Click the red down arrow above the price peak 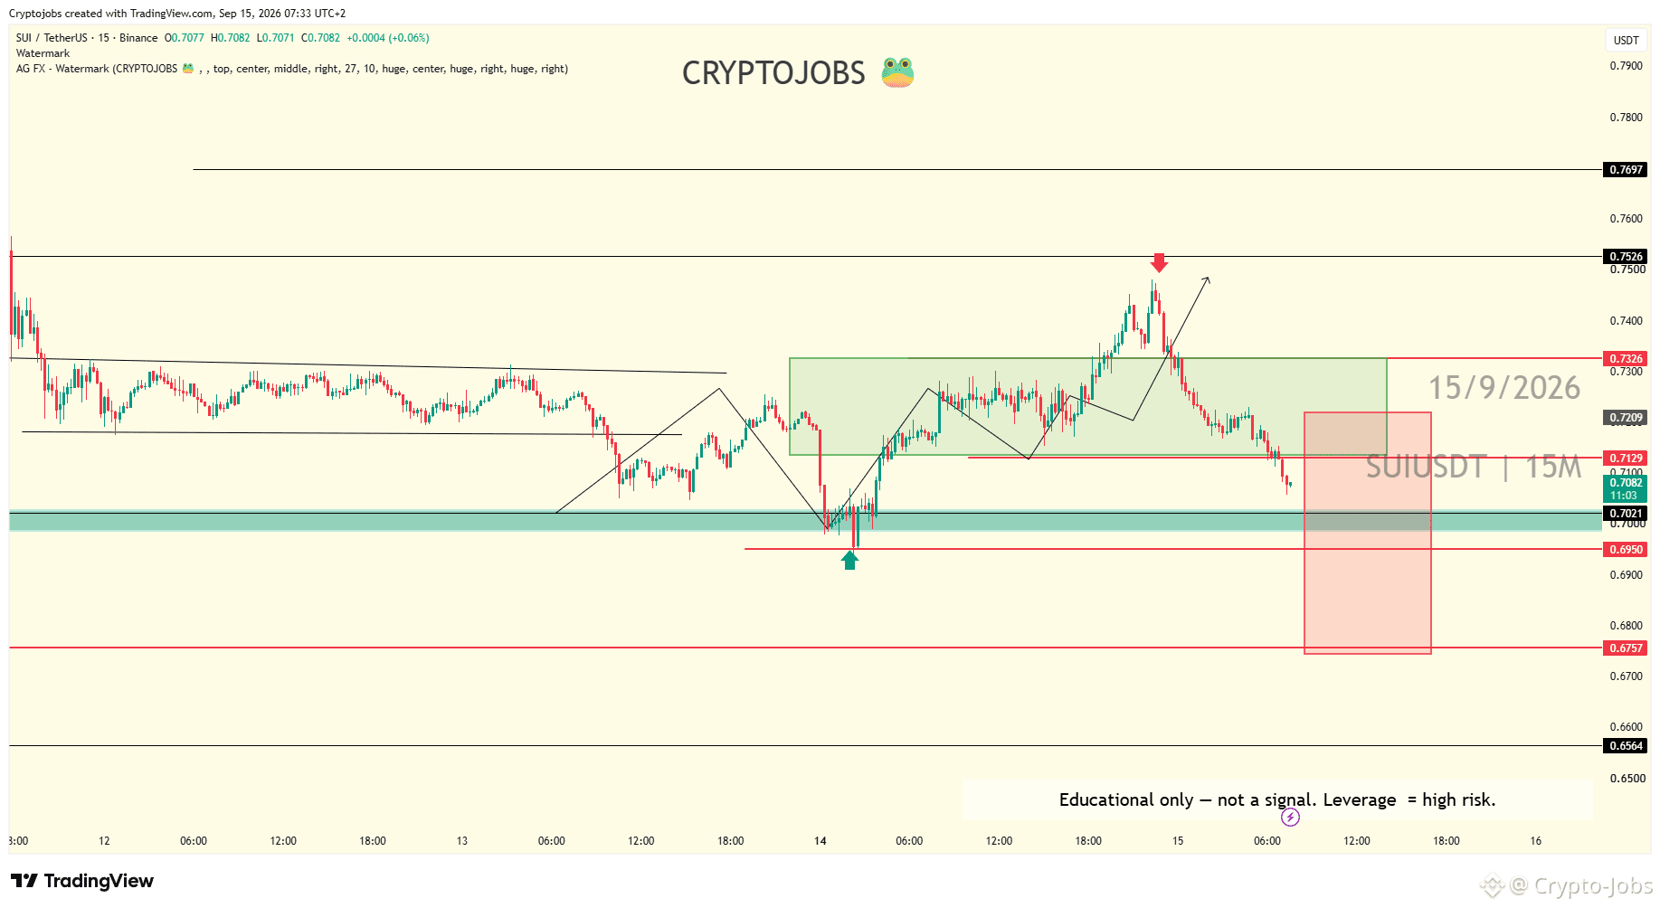pyautogui.click(x=1159, y=262)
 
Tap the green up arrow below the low pyautogui.click(x=849, y=561)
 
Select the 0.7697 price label pyautogui.click(x=1626, y=169)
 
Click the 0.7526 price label pyautogui.click(x=1626, y=256)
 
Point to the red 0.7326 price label pyautogui.click(x=1626, y=358)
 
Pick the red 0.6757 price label pyautogui.click(x=1626, y=648)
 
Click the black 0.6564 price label pyautogui.click(x=1626, y=745)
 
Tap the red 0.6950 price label pyautogui.click(x=1626, y=549)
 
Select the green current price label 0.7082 pyautogui.click(x=1626, y=488)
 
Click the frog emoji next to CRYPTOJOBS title pyautogui.click(x=897, y=72)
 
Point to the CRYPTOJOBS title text pyautogui.click(x=773, y=73)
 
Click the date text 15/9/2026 pyautogui.click(x=1504, y=388)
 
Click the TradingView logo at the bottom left pyautogui.click(x=82, y=881)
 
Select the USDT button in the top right pyautogui.click(x=1626, y=40)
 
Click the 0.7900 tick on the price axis pyautogui.click(x=1626, y=66)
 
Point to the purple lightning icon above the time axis pyautogui.click(x=1290, y=818)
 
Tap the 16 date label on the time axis pyautogui.click(x=1535, y=841)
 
